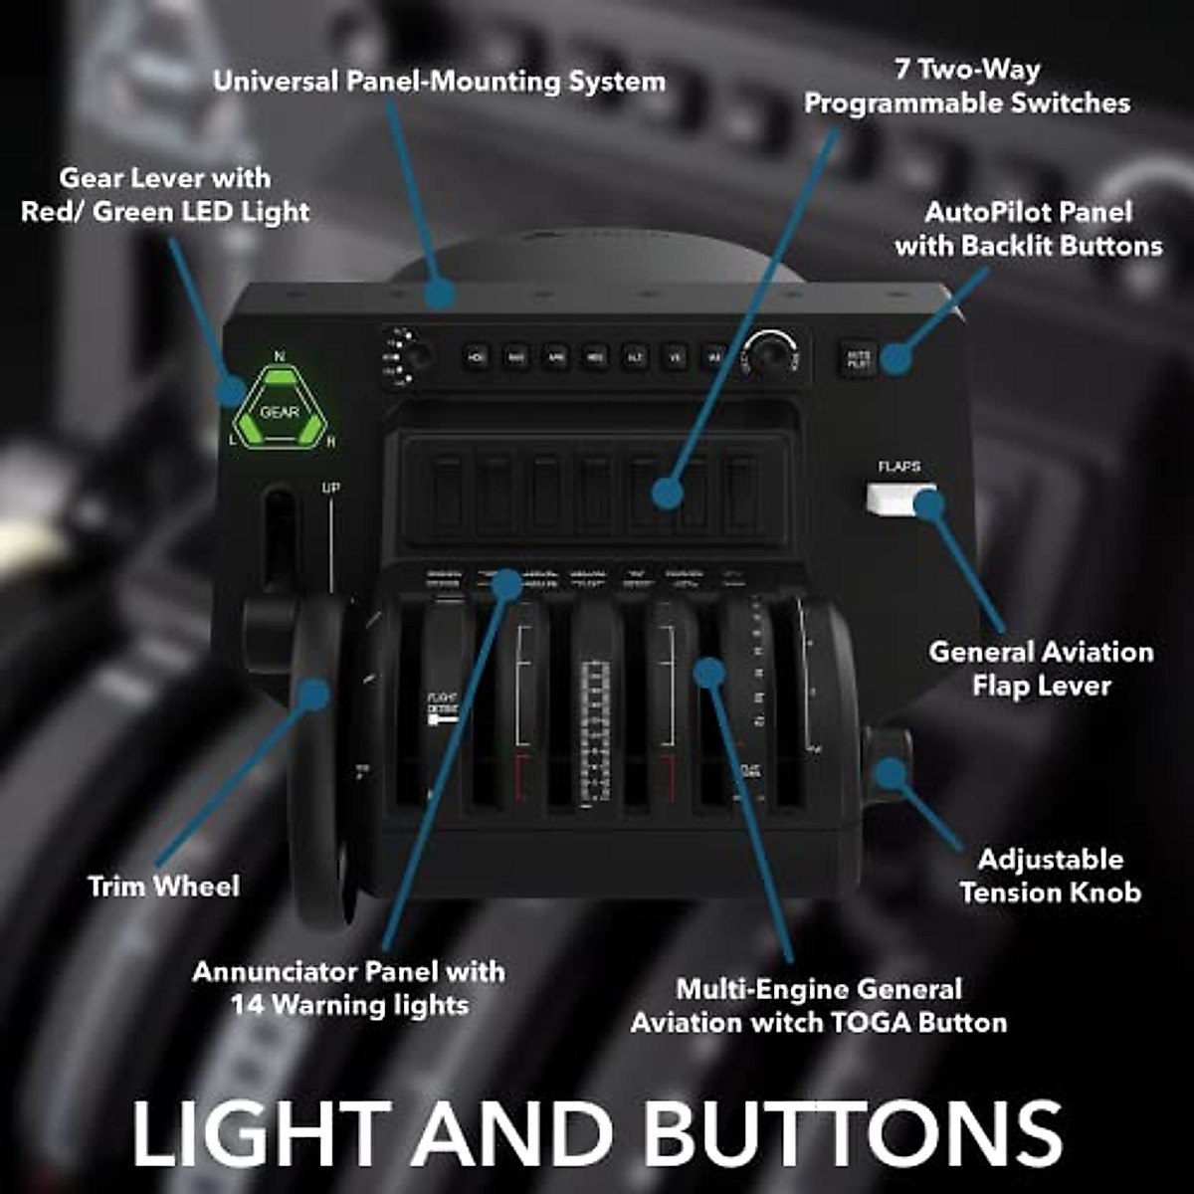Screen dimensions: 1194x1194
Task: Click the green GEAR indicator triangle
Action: tap(279, 408)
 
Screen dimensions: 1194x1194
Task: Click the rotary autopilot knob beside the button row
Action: tap(773, 355)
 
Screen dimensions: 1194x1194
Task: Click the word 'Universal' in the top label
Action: tap(275, 82)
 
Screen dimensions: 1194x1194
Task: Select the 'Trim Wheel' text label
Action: tap(164, 887)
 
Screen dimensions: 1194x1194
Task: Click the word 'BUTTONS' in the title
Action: tap(853, 1134)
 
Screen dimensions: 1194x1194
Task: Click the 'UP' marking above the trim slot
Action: tap(331, 489)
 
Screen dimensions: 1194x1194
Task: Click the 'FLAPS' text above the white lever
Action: tap(898, 467)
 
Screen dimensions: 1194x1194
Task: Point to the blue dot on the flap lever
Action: tap(928, 504)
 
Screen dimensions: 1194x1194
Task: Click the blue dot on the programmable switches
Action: tap(668, 493)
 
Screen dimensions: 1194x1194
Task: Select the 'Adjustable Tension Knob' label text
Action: tap(1051, 876)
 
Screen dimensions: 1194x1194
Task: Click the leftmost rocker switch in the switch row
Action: tap(447, 493)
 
